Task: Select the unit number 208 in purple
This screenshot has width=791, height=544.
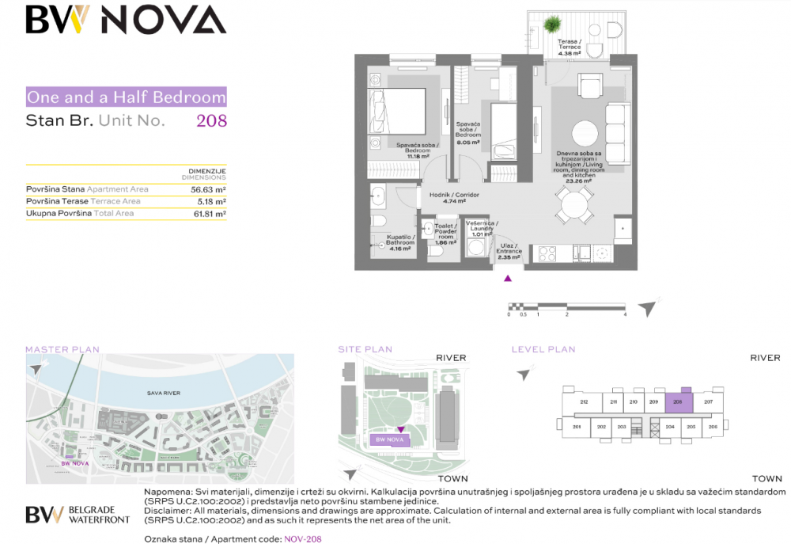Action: pyautogui.click(x=211, y=121)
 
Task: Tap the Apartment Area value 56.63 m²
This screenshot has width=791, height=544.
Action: pyautogui.click(x=208, y=190)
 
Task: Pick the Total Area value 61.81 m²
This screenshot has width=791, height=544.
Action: pyautogui.click(x=208, y=214)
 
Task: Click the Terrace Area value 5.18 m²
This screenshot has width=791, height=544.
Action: pyautogui.click(x=210, y=202)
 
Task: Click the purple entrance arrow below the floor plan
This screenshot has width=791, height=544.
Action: pyautogui.click(x=508, y=278)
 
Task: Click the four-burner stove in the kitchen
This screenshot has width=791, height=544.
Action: pyautogui.click(x=547, y=254)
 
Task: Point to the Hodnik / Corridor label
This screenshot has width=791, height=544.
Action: pyautogui.click(x=443, y=195)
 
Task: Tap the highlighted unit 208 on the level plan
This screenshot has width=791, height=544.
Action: pyautogui.click(x=679, y=402)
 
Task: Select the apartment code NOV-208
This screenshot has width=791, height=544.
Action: pyautogui.click(x=303, y=538)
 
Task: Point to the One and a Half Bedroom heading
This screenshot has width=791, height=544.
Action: pyautogui.click(x=127, y=97)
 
